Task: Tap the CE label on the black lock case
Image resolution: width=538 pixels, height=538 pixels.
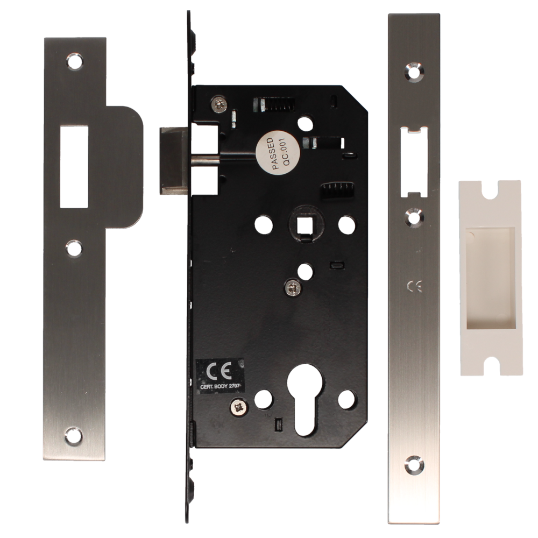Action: (217, 370)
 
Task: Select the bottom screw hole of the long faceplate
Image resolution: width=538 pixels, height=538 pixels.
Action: (413, 462)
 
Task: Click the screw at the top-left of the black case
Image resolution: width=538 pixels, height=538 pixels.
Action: (218, 103)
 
